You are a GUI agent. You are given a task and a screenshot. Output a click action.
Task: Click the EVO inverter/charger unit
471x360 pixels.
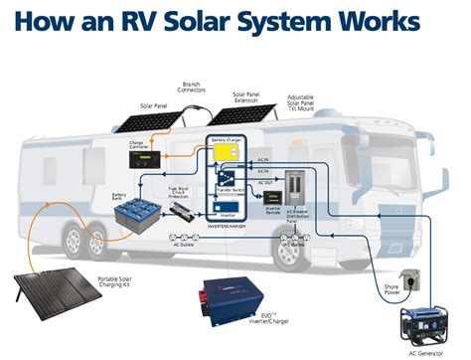pyautogui.click(x=235, y=297)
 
